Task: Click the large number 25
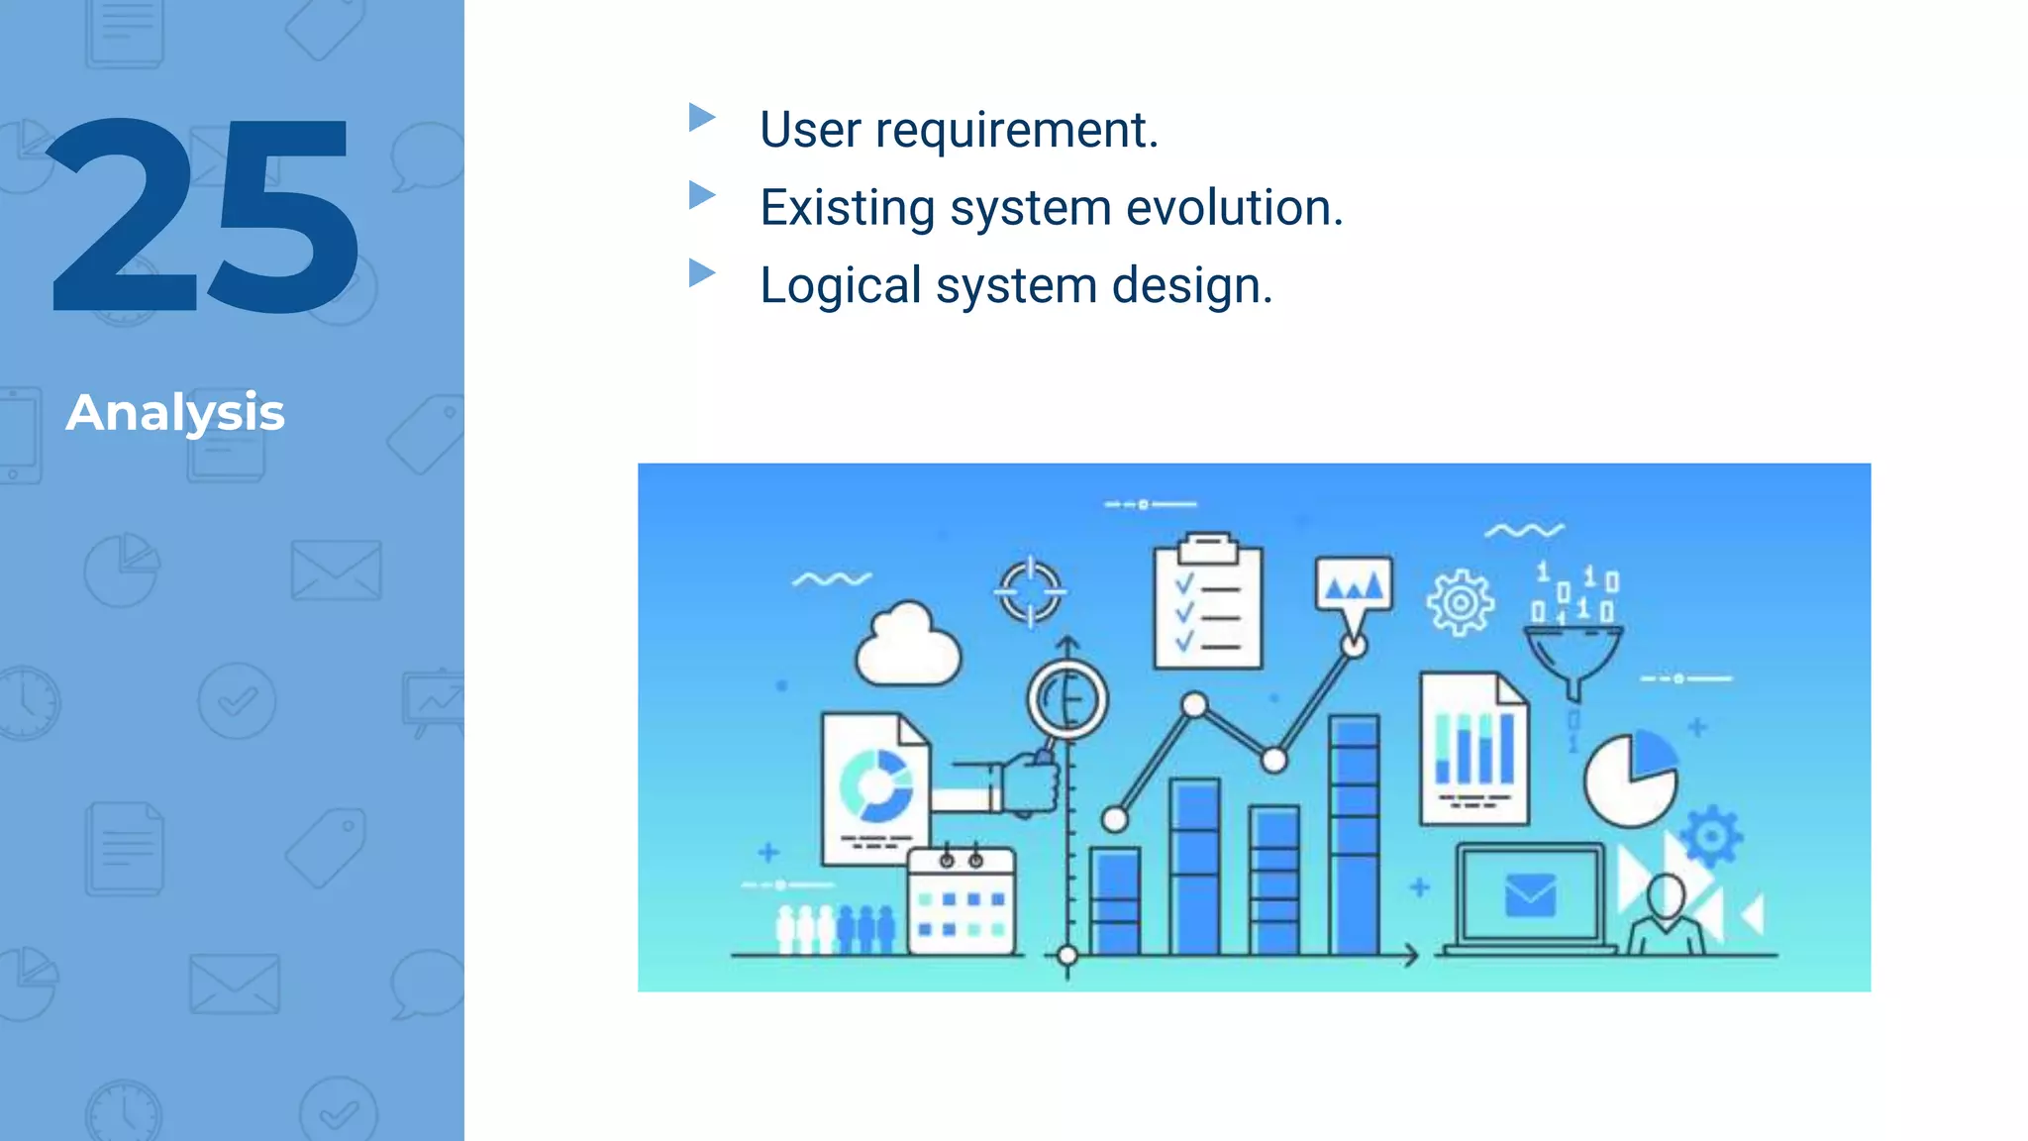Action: [x=203, y=216]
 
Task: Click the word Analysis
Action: [x=175, y=413]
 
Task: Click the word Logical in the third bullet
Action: [x=840, y=286]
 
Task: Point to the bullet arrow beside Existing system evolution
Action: [x=702, y=195]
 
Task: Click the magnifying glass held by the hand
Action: [x=1066, y=700]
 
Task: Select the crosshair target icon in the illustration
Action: [x=1030, y=591]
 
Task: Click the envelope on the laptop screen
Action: [x=1530, y=895]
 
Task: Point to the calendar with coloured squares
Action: [x=962, y=903]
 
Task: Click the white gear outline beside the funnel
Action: [x=1460, y=602]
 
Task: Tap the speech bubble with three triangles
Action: [x=1354, y=586]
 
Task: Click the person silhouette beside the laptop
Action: [x=1667, y=913]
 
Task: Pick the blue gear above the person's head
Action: [x=1712, y=836]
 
